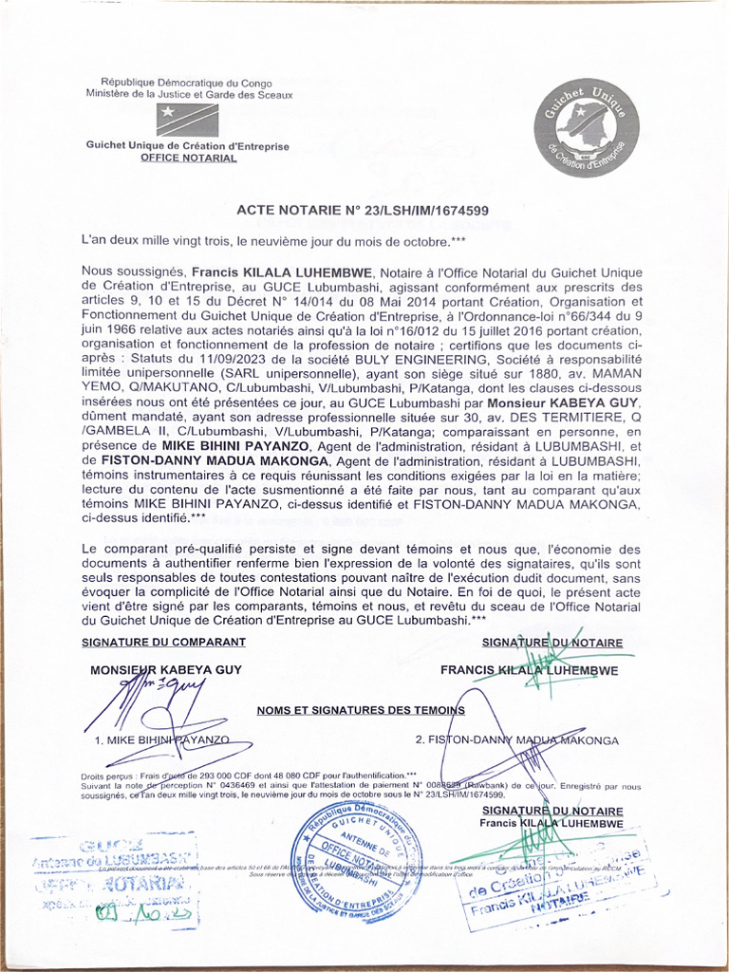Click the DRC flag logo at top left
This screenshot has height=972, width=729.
tap(188, 119)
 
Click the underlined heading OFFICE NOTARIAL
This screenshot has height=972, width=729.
tap(188, 159)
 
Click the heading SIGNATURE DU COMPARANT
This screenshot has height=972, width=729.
tap(157, 643)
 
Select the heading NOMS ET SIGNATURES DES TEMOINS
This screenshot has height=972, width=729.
tap(361, 710)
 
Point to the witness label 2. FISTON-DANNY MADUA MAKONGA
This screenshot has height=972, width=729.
tap(517, 739)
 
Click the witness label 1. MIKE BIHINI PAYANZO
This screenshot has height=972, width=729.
tap(161, 738)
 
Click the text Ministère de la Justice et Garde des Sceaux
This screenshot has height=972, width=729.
tap(189, 95)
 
